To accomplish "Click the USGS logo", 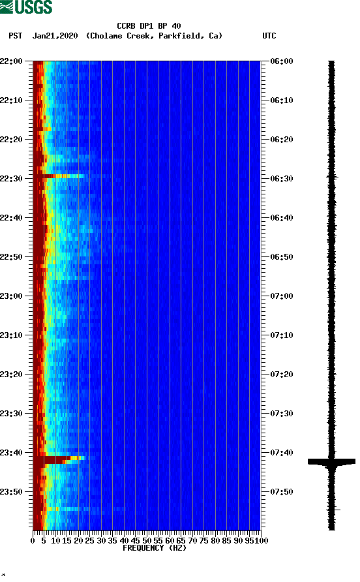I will [x=26, y=7].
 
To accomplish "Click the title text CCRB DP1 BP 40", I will [x=149, y=26].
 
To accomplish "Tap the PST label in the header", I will [x=16, y=36].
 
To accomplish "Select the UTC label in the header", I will [x=269, y=36].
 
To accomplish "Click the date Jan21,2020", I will [x=55, y=36].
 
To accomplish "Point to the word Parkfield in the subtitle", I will [x=183, y=36].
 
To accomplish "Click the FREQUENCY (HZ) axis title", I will [x=155, y=548].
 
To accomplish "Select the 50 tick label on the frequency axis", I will [x=147, y=540].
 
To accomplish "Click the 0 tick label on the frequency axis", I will [x=33, y=540].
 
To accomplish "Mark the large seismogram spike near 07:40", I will [x=331, y=461].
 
